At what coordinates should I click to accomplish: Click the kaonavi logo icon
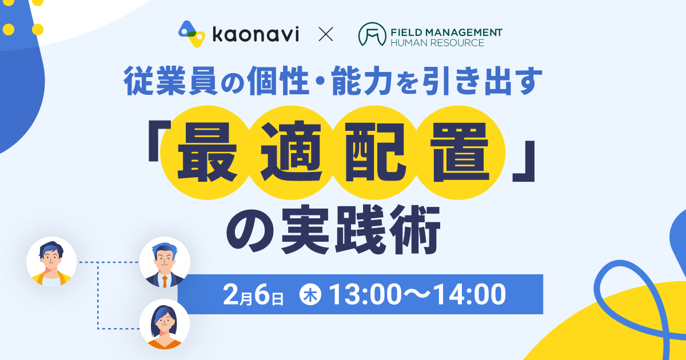pos(192,34)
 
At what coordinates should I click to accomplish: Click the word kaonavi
pos(256,34)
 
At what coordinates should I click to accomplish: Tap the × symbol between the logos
pos(326,34)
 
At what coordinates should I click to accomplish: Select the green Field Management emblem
pos(372,34)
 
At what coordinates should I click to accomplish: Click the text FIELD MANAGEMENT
pos(446,32)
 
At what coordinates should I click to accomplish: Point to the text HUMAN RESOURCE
pos(437,42)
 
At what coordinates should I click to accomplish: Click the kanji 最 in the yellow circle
pos(208,153)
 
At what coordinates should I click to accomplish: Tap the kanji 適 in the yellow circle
pos(291,152)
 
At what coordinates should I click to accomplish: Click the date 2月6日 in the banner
pos(253,294)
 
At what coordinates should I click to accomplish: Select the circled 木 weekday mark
pos(310,295)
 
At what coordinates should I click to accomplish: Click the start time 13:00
pos(365,294)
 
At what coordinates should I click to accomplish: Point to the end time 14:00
pos(470,294)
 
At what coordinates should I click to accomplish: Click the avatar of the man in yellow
pos(51,262)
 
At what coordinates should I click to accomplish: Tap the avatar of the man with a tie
pos(165,262)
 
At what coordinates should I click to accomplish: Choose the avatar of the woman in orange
pos(165,324)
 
